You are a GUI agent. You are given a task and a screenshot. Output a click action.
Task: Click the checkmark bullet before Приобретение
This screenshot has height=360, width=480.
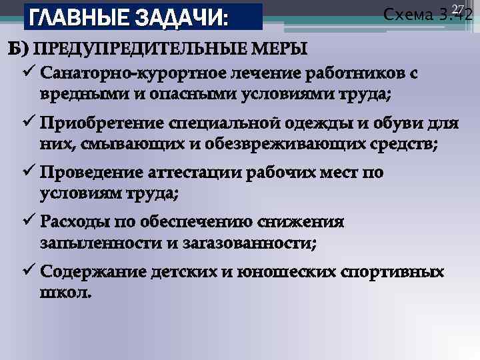click(x=29, y=123)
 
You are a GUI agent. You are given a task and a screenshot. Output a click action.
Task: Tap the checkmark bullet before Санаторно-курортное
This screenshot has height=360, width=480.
click(x=29, y=72)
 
